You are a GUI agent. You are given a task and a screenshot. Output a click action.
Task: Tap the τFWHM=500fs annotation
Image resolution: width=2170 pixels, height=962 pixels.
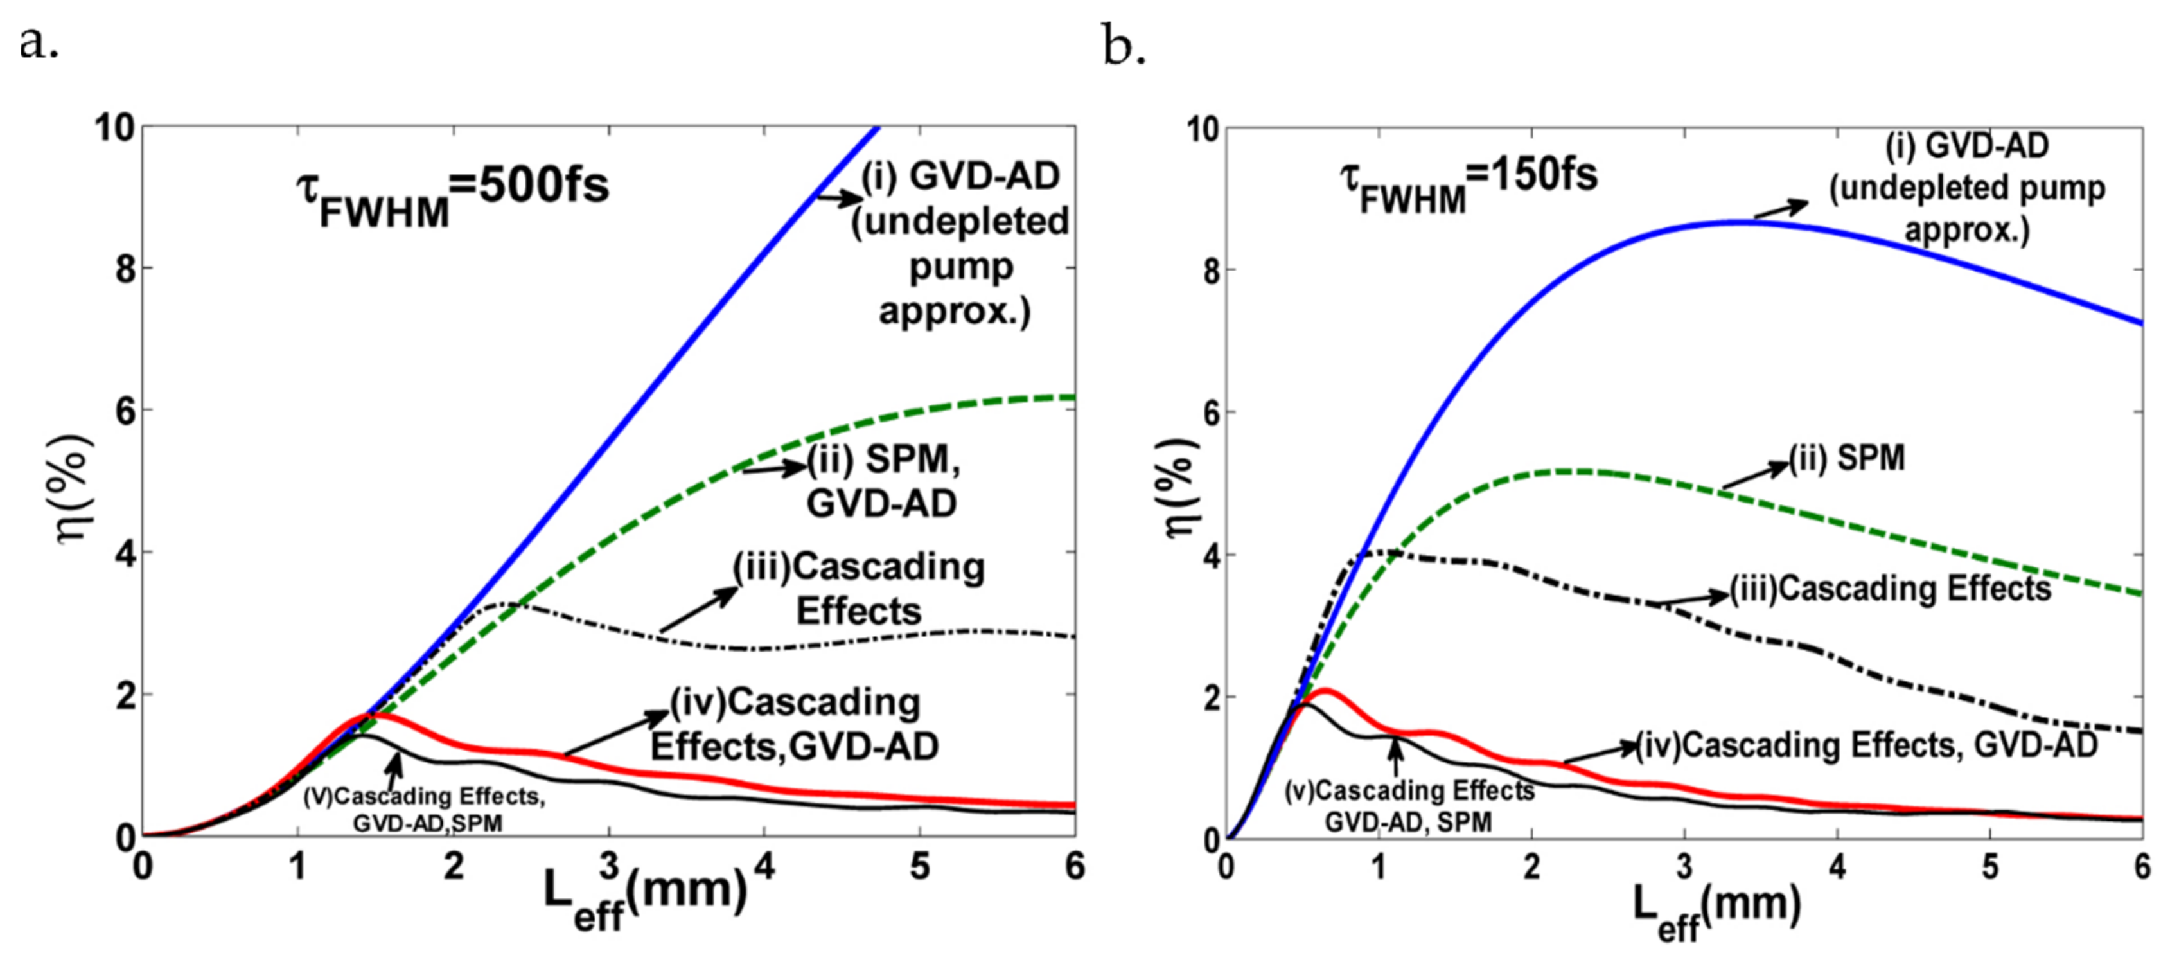(452, 195)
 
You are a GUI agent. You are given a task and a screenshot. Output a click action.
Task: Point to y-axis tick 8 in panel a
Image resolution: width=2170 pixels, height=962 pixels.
(123, 269)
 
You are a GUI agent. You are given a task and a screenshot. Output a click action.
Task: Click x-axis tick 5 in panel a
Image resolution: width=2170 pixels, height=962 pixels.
(920, 866)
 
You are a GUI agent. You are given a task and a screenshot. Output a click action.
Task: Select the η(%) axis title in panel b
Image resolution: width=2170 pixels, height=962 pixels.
(1181, 487)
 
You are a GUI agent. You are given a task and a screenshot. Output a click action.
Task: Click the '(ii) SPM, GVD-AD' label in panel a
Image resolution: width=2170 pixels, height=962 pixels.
(883, 481)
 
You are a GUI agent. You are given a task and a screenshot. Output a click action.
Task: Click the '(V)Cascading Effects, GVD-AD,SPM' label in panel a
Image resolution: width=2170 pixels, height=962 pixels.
(425, 808)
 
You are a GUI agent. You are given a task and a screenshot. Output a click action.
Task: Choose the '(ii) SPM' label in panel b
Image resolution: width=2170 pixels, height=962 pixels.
(1846, 458)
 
